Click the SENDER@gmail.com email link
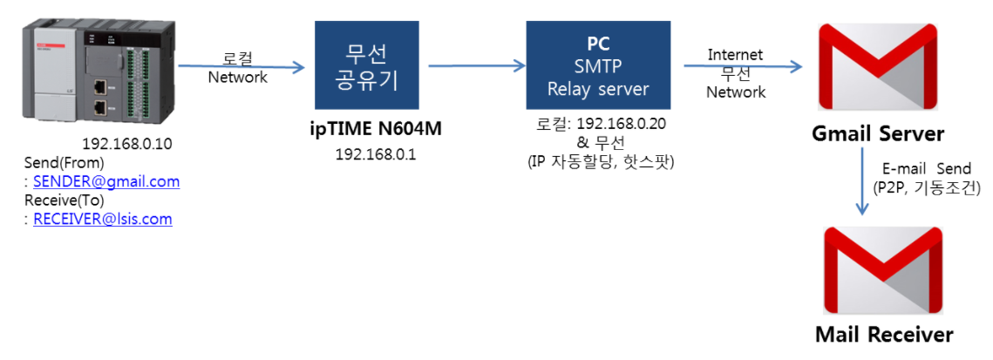pos(106,181)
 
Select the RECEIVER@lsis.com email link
pos(103,219)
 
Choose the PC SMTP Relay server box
pos(598,65)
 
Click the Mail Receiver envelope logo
pos(884,271)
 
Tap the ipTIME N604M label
pos(376,130)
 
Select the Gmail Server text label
pos(878,134)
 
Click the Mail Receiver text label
pos(884,335)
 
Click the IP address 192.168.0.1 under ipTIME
pos(376,153)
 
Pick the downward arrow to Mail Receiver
pos(861,183)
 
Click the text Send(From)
pos(65,163)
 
